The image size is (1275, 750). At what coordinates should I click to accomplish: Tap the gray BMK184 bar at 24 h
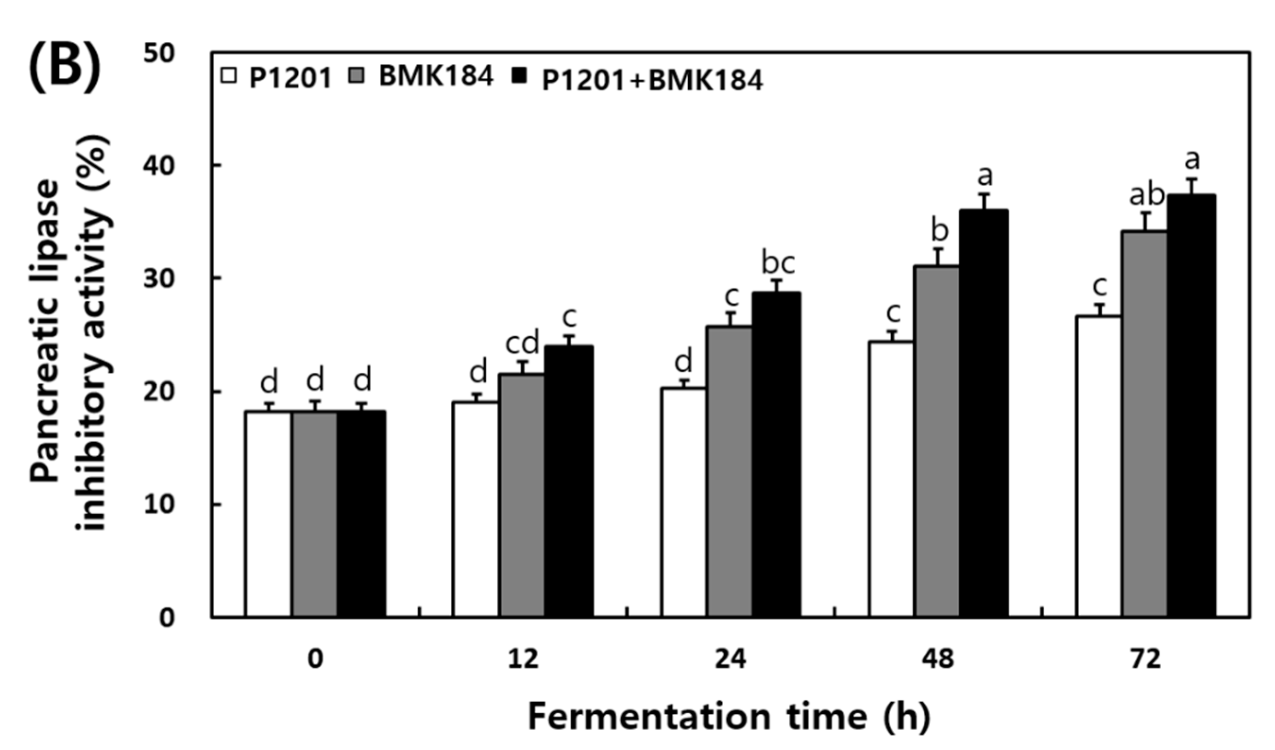729,471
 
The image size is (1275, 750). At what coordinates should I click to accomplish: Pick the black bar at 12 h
569,481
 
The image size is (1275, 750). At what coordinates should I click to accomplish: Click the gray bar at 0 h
314,514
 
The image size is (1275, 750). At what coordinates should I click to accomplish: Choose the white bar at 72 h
1098,466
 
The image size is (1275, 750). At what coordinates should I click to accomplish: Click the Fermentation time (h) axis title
728,716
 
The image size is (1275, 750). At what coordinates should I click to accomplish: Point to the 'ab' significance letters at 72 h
1147,195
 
